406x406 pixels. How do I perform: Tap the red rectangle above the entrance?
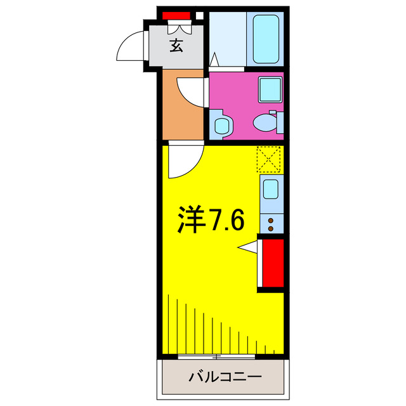(x=176, y=15)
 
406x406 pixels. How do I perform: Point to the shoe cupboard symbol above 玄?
(x=178, y=27)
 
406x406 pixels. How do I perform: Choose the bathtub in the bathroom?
(x=266, y=39)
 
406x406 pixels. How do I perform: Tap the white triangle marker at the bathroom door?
(x=214, y=61)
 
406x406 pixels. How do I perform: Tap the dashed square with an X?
(x=269, y=159)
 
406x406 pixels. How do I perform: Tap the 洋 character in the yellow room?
(x=188, y=220)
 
